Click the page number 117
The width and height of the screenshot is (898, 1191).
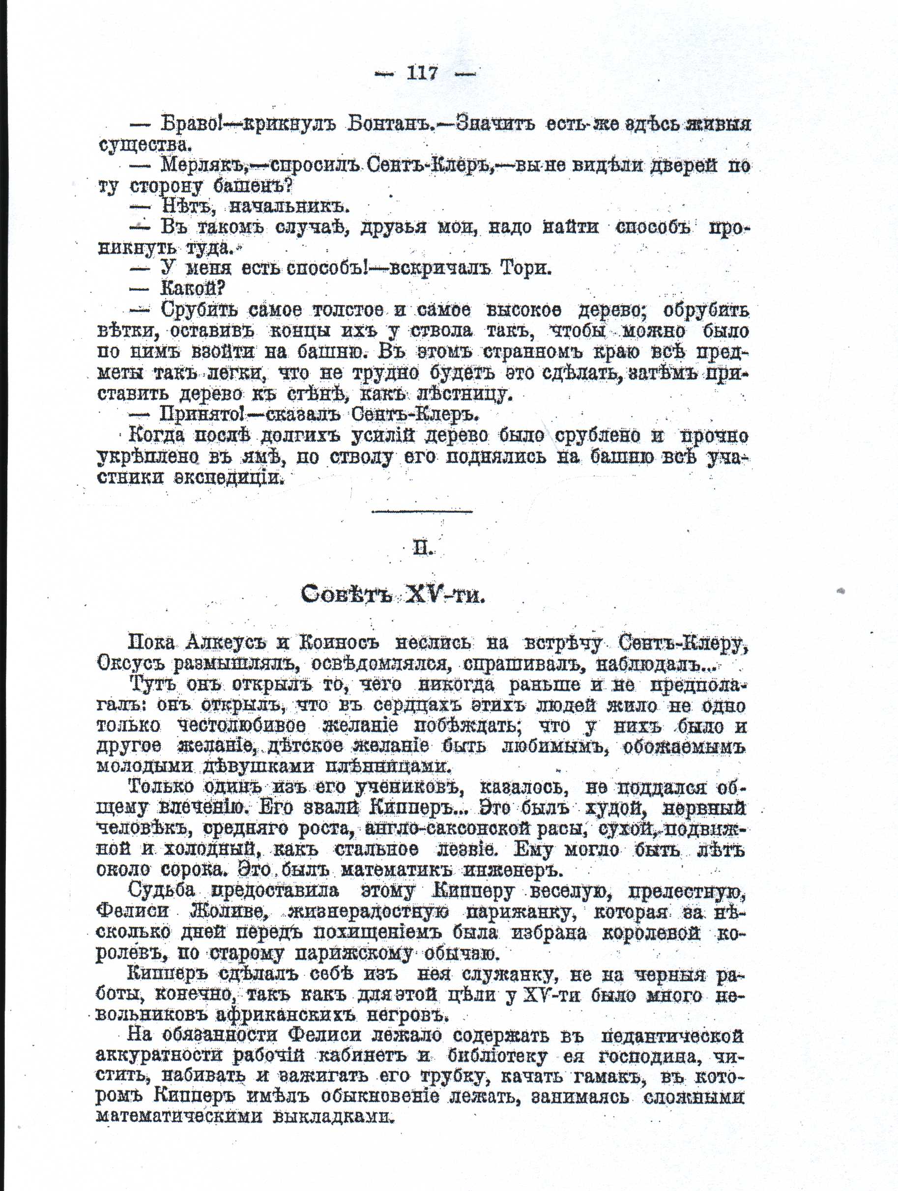pyautogui.click(x=422, y=73)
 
